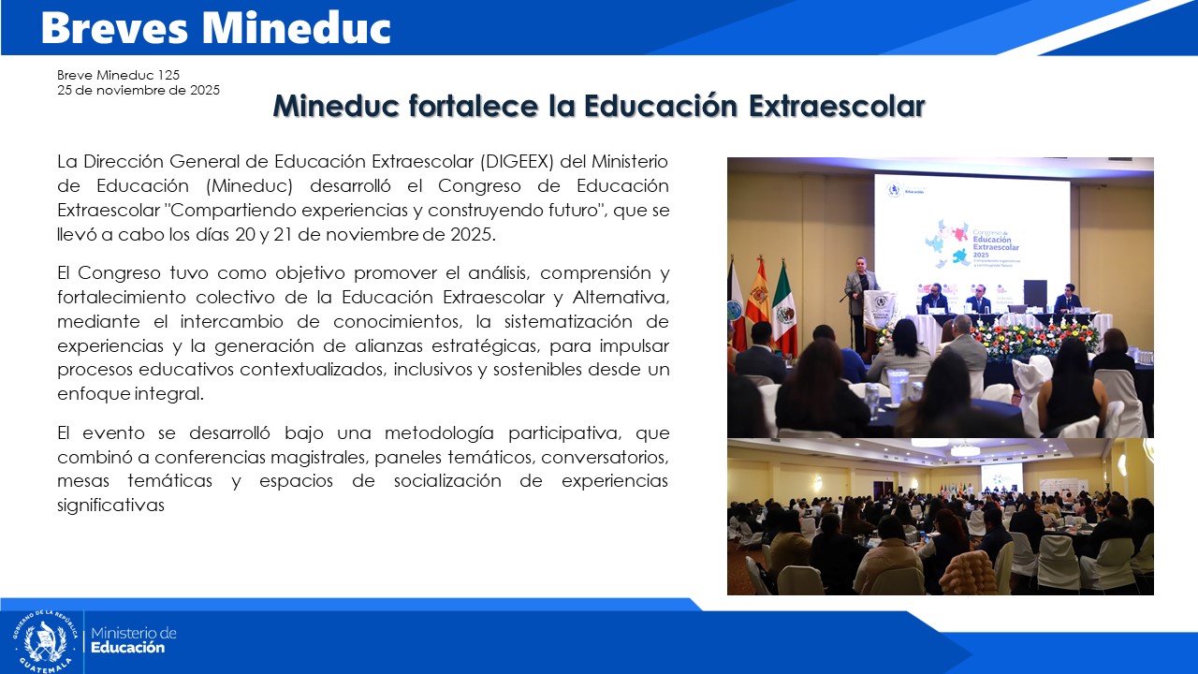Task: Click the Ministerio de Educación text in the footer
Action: tap(133, 640)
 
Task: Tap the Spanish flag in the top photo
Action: tap(757, 295)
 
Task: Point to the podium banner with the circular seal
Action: tap(880, 311)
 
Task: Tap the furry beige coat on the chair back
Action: tap(968, 573)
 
